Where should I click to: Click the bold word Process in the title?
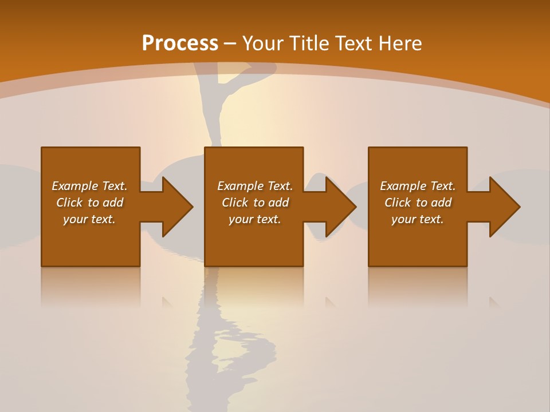click(180, 43)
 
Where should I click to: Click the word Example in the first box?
click(75, 186)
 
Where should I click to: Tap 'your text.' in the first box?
click(89, 219)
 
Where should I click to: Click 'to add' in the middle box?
click(271, 203)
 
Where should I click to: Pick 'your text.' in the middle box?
click(255, 219)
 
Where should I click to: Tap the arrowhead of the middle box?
click(340, 207)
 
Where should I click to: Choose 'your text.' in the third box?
click(418, 219)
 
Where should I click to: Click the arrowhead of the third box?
click(504, 207)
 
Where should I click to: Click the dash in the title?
click(230, 43)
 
